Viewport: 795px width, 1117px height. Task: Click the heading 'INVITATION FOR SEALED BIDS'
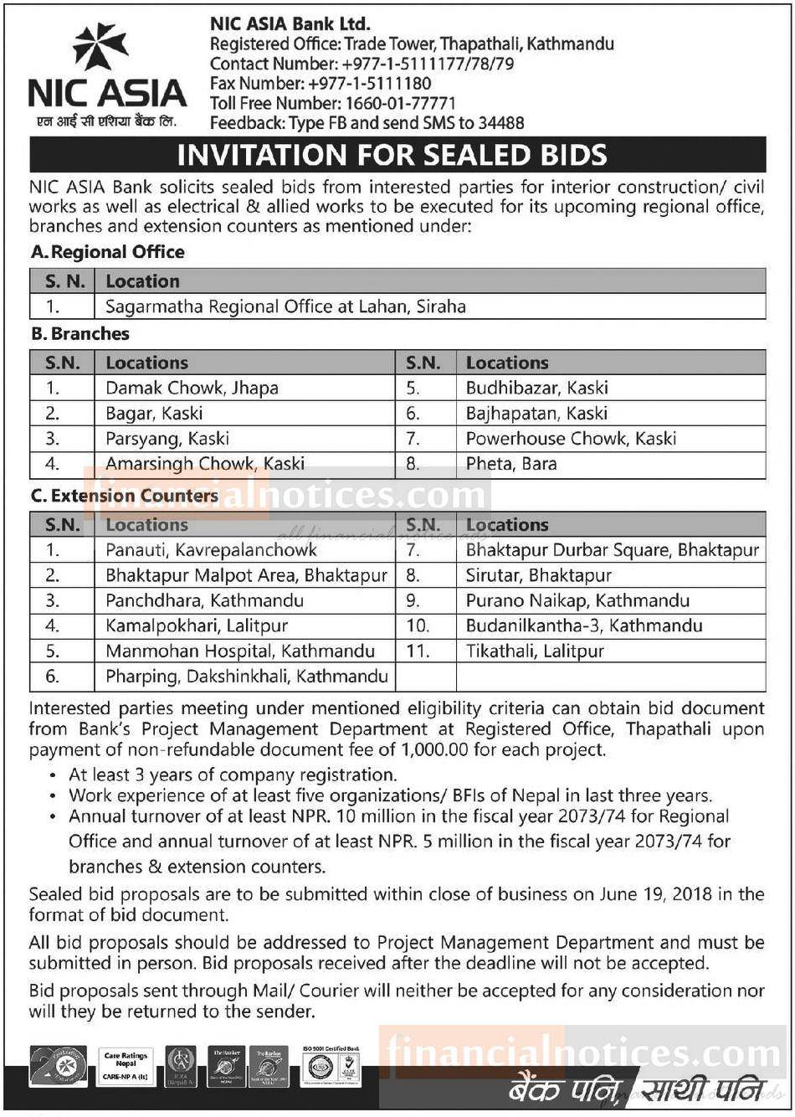[x=392, y=156]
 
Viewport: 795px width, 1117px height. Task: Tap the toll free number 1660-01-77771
[x=398, y=104]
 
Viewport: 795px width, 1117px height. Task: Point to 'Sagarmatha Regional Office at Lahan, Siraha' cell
[x=285, y=306]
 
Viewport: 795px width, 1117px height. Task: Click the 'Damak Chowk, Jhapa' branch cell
[x=192, y=388]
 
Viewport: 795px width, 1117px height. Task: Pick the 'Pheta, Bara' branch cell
[x=510, y=463]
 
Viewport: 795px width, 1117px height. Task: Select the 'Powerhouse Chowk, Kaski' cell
[x=571, y=438]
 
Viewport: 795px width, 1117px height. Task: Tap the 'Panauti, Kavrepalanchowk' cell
[x=211, y=550]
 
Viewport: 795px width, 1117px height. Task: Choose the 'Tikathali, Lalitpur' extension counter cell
[x=535, y=651]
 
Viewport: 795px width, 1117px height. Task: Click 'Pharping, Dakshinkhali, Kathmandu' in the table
[x=247, y=676]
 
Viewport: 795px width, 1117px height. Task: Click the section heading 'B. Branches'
[x=80, y=333]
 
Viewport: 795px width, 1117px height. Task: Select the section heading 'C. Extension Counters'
[x=125, y=496]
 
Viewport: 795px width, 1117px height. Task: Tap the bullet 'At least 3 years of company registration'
[x=233, y=775]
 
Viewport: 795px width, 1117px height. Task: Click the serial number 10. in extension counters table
[x=418, y=625]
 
